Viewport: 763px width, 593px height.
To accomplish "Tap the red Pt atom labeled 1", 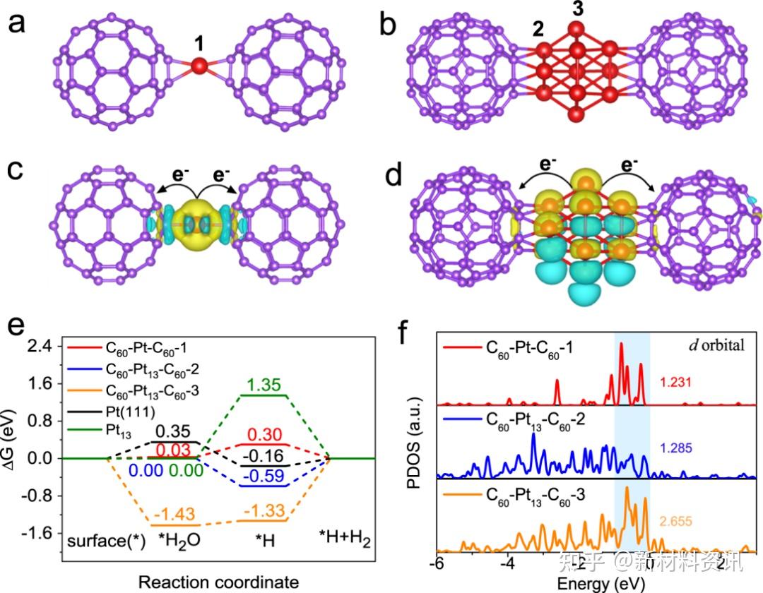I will pyautogui.click(x=199, y=66).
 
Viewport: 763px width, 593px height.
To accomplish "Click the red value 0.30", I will pyautogui.click(x=264, y=435).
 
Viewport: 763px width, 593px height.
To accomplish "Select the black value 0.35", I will pyautogui.click(x=172, y=431).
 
